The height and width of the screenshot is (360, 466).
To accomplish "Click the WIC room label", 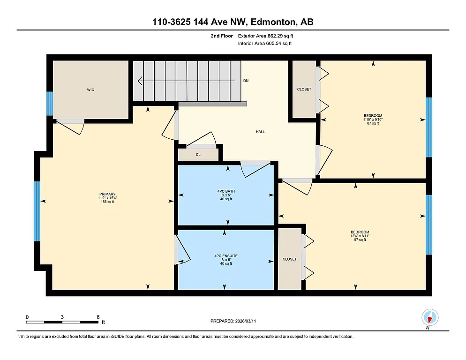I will [x=90, y=90].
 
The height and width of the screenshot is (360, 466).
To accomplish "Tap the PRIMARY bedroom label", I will [x=107, y=194].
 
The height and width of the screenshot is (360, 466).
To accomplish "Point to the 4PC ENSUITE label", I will [x=226, y=255].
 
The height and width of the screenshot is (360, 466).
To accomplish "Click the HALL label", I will [x=260, y=132].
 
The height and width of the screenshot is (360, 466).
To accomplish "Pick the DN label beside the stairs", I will [x=246, y=81].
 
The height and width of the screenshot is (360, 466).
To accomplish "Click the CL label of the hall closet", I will [x=198, y=154].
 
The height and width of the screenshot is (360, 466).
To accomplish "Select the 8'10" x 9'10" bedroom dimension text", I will [x=373, y=120].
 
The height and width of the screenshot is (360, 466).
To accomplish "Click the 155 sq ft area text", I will [x=107, y=202].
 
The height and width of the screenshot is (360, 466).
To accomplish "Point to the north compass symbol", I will [x=429, y=318].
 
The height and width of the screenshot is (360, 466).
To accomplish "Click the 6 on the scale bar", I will [x=98, y=316].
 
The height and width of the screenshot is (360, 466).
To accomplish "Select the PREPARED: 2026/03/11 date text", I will [x=233, y=321].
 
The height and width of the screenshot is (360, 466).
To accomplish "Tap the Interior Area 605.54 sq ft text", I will [x=265, y=43].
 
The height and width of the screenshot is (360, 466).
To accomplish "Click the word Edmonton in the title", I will [x=274, y=22].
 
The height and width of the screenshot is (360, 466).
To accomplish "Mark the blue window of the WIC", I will [x=49, y=104].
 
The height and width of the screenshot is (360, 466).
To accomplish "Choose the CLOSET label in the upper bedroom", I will [x=304, y=90].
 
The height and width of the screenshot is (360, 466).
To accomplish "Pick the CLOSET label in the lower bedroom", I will [x=290, y=259].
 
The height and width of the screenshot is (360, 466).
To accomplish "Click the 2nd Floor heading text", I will [x=221, y=36].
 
